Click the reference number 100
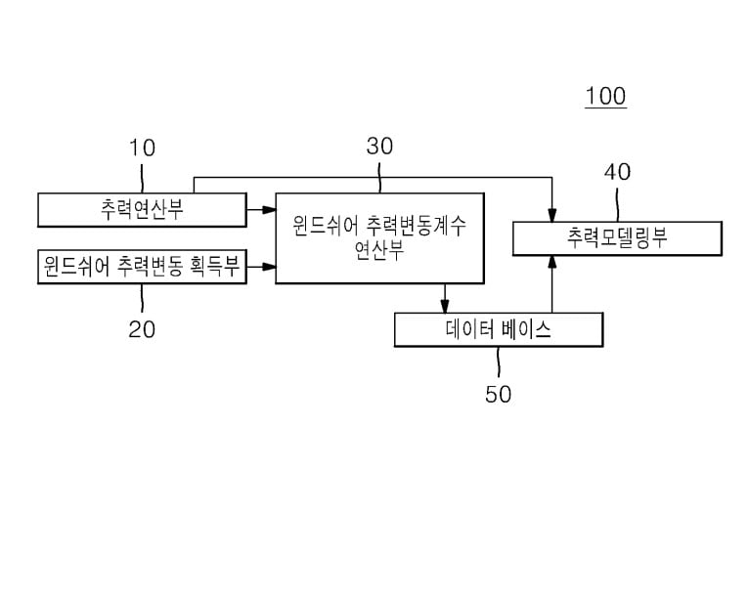605,97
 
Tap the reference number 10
142,149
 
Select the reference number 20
142,329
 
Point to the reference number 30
379,147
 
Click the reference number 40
617,172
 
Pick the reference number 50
498,395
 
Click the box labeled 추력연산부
142,209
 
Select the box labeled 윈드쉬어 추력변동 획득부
142,267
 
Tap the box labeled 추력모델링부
617,238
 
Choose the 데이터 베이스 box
498,329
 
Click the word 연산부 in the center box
379,250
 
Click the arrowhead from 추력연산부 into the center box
269,209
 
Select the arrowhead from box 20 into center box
269,266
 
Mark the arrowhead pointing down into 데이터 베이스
445,307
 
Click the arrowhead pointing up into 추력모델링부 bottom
552,262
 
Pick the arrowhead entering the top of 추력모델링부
552,216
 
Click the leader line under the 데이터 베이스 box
498,361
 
